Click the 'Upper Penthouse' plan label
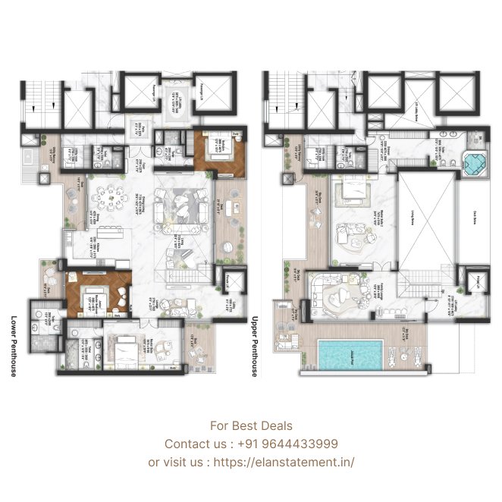(256, 345)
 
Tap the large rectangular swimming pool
(349, 354)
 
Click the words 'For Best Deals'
(251, 426)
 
